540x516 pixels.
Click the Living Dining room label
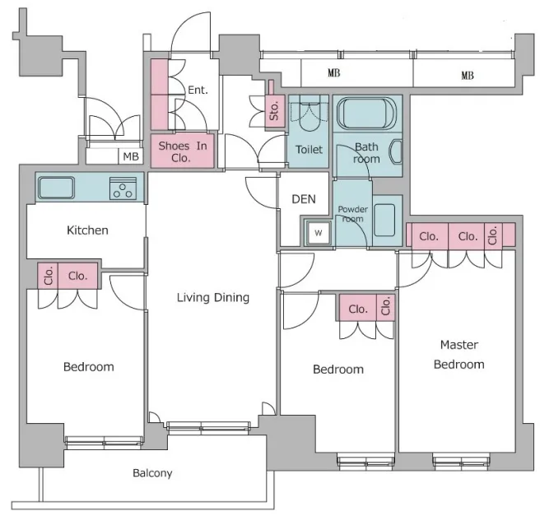pos(213,297)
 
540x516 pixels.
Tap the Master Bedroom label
pos(459,354)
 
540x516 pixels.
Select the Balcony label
pos(152,473)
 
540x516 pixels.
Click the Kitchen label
pos(87,230)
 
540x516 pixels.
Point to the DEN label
pos(304,199)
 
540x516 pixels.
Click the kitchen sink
pos(56,188)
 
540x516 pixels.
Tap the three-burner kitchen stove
pos(123,188)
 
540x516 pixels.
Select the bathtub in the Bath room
pos(367,113)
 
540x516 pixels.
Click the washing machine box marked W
pos(319,233)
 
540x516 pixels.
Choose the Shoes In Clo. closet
pos(183,151)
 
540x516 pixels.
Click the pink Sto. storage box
pos(274,111)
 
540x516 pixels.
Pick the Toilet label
pos(309,150)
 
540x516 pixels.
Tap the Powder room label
pos(352,214)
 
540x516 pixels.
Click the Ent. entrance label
pos(198,90)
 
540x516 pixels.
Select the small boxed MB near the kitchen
pos(131,156)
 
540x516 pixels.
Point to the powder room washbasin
pos(384,221)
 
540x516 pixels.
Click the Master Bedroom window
pos(461,462)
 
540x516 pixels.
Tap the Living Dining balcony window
pos(209,426)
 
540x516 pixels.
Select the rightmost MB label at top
pos(468,76)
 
